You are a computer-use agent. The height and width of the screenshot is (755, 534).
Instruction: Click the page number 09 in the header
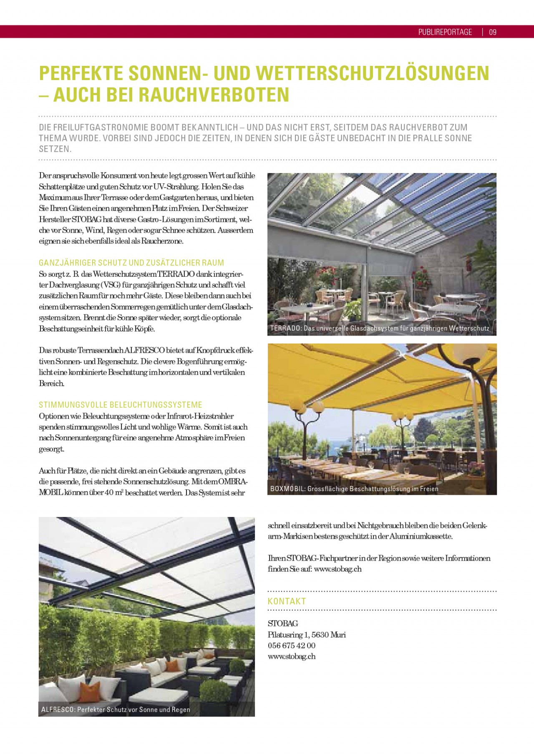pyautogui.click(x=492, y=32)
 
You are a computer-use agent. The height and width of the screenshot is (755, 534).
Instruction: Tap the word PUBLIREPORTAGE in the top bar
pyautogui.click(x=445, y=32)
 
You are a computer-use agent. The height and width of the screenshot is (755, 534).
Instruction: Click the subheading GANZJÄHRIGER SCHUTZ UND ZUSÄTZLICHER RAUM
pyautogui.click(x=131, y=263)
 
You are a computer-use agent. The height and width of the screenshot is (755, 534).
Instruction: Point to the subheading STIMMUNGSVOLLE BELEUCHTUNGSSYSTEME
pyautogui.click(x=121, y=405)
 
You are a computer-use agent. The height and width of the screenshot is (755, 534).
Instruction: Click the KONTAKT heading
pyautogui.click(x=287, y=601)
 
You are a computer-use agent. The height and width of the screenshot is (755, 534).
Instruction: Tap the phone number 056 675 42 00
pyautogui.click(x=291, y=645)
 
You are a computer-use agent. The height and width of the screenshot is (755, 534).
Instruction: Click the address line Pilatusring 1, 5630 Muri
pyautogui.click(x=307, y=635)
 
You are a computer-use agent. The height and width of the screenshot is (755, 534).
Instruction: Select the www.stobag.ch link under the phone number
pyautogui.click(x=291, y=656)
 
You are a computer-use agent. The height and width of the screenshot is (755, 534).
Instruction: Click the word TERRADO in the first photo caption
pyautogui.click(x=285, y=329)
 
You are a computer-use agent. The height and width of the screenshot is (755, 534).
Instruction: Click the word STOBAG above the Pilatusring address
pyautogui.click(x=283, y=624)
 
